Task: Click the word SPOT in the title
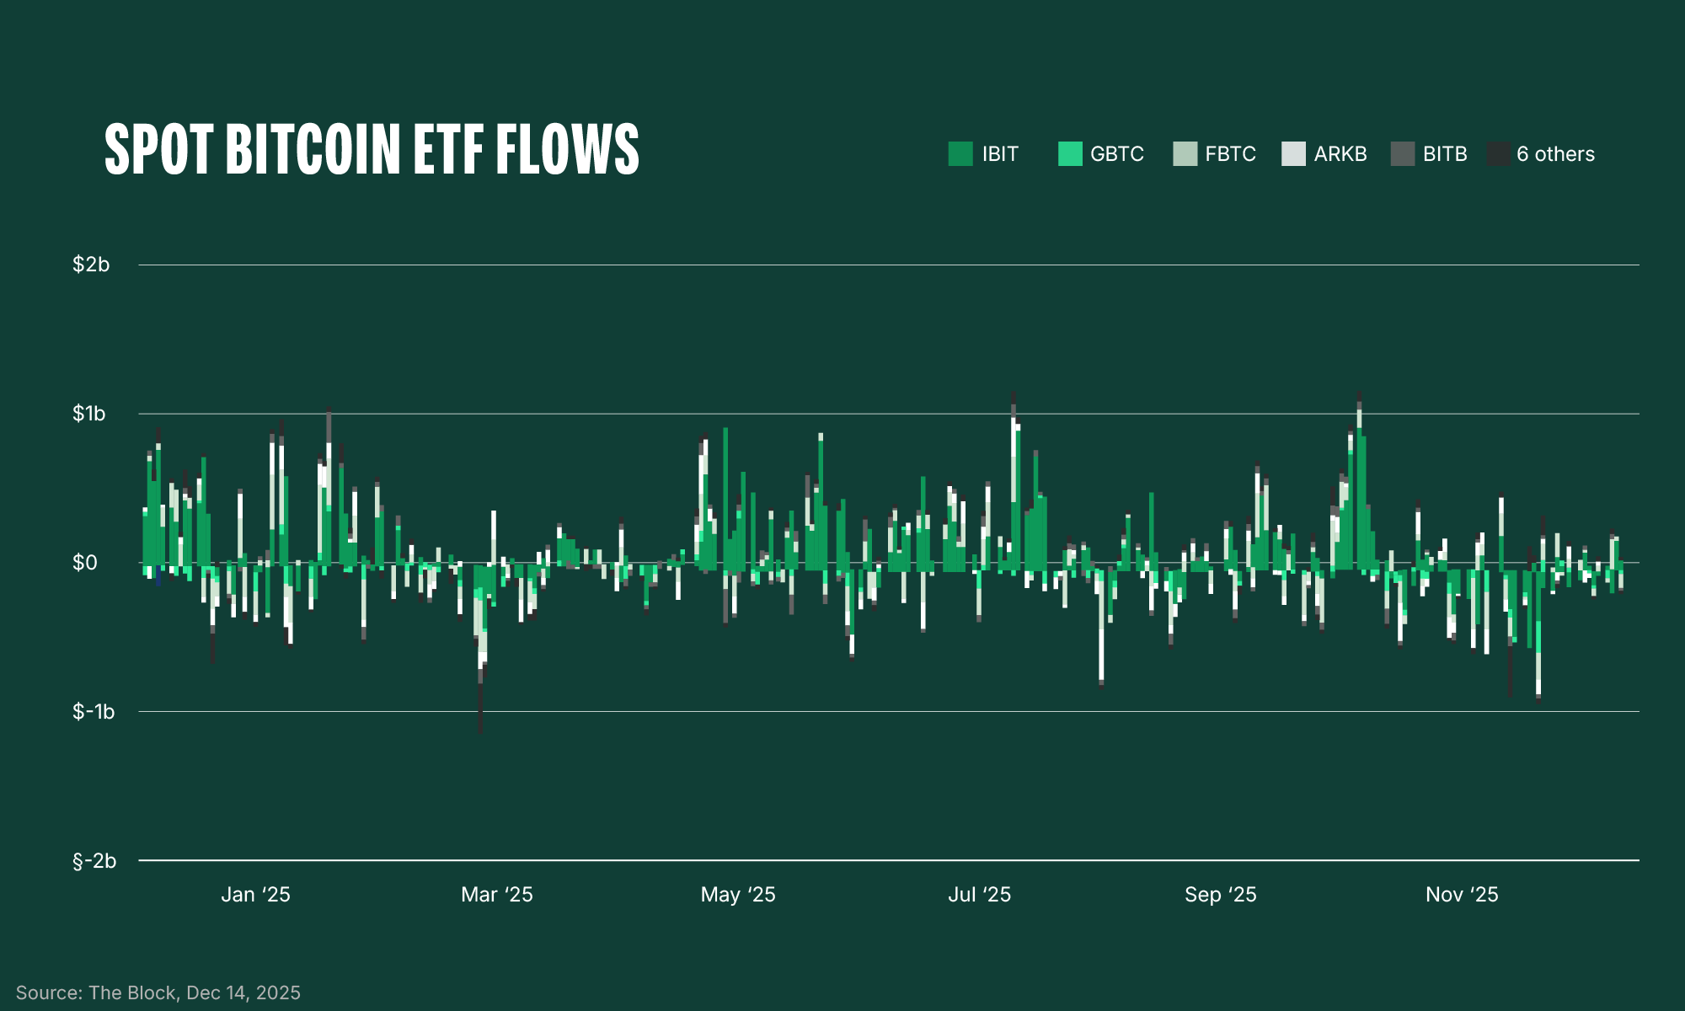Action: tap(158, 150)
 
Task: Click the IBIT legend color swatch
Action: tap(960, 154)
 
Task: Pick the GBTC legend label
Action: tap(1116, 154)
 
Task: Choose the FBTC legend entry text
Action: tap(1230, 154)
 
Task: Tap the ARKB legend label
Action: tap(1340, 154)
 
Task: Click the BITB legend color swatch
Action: tap(1403, 154)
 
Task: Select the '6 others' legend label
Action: tap(1555, 154)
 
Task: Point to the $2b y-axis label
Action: tap(91, 265)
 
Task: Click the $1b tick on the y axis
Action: tap(89, 414)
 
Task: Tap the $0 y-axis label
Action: tap(85, 563)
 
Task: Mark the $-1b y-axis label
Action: tap(94, 712)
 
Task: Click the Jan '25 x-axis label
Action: tap(255, 895)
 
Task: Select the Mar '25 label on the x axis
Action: tap(497, 895)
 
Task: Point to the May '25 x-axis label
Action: tap(738, 895)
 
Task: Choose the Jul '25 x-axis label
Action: tap(979, 895)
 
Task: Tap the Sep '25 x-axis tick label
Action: tap(1220, 895)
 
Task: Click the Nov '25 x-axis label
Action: tap(1462, 895)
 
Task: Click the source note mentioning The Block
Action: tap(158, 992)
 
